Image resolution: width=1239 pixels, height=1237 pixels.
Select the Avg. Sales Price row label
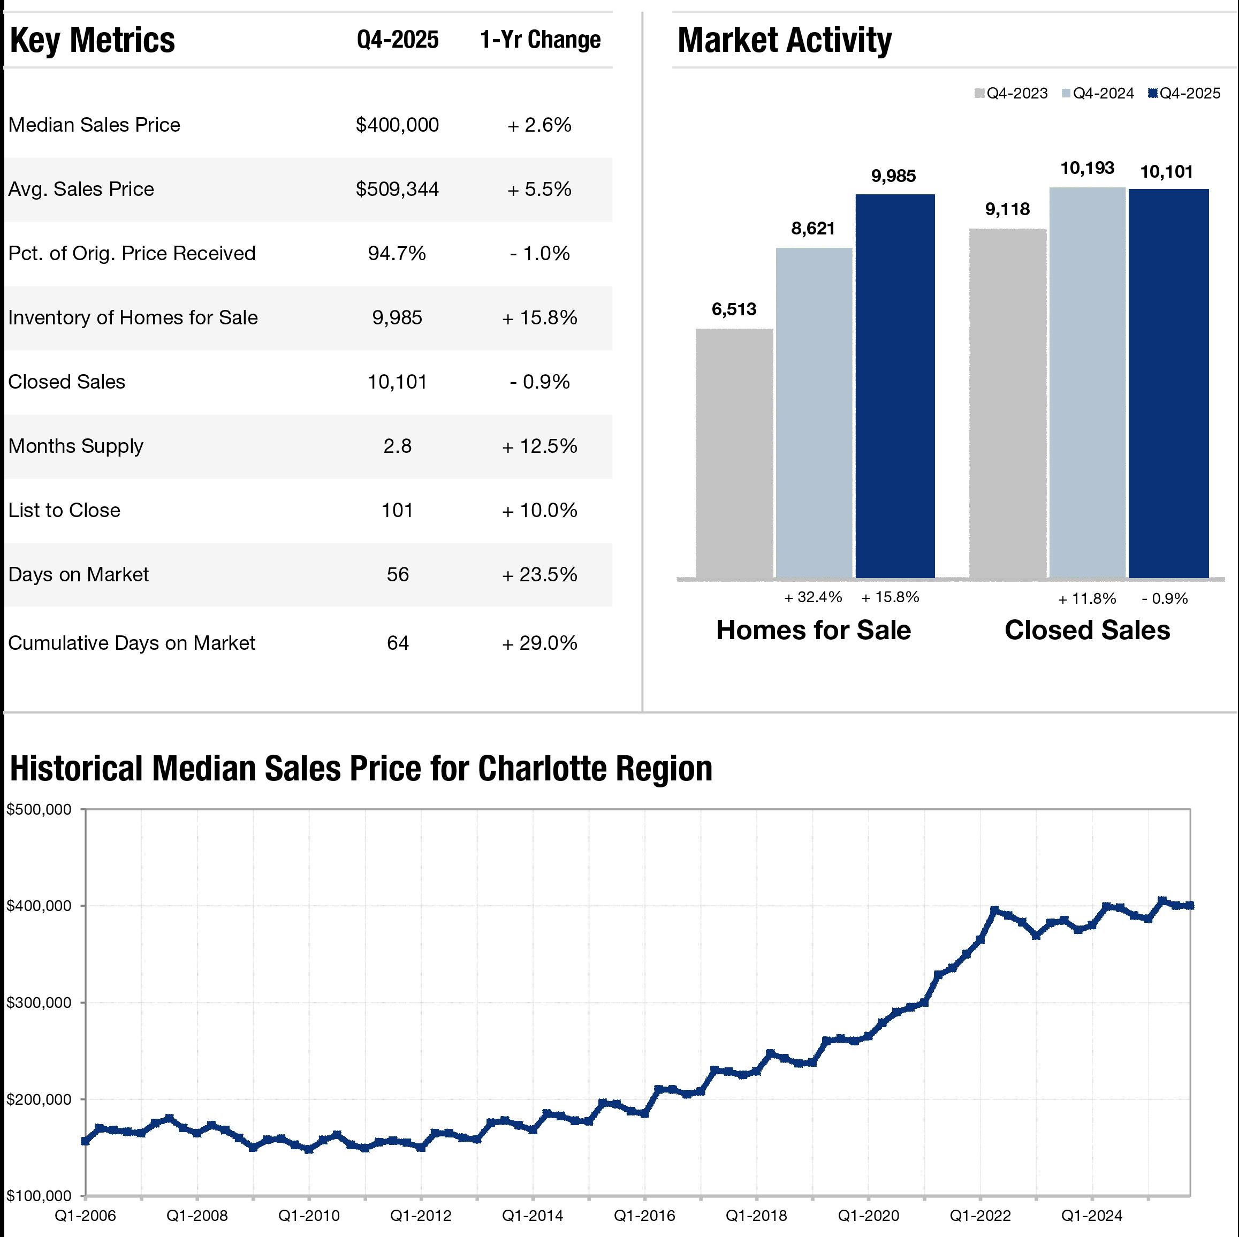coord(81,189)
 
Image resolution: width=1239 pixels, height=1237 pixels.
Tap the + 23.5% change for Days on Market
coord(539,574)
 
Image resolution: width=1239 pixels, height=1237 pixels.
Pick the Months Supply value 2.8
coord(397,446)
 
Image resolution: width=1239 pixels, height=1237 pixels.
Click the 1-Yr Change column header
coord(540,40)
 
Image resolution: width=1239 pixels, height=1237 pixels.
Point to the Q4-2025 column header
coord(398,40)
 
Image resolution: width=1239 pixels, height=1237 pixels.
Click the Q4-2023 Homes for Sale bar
coord(734,453)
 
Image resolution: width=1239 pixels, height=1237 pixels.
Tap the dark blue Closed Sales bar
coord(1168,383)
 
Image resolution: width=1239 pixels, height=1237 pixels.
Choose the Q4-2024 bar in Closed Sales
coord(1088,383)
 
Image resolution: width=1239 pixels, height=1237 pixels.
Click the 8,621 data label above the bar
coord(812,228)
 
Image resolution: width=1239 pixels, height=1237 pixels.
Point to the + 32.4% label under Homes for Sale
coord(813,597)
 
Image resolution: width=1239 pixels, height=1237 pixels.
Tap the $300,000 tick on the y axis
coord(39,1003)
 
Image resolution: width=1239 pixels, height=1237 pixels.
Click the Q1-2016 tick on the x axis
coord(644,1215)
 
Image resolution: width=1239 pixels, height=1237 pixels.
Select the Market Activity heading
coord(784,40)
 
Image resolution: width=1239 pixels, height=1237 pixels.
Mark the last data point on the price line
coord(1190,906)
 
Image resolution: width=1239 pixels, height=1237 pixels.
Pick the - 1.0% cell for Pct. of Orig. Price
coord(539,253)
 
